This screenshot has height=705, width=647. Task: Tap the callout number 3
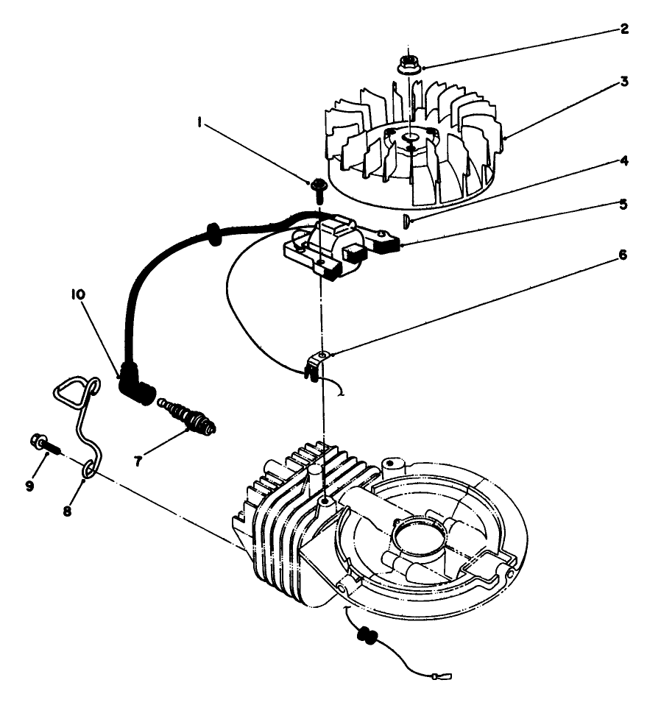click(x=624, y=82)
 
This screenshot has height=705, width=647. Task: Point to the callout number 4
click(x=624, y=159)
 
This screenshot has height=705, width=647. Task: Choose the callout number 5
click(x=624, y=205)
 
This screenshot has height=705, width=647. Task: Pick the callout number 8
click(x=67, y=510)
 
